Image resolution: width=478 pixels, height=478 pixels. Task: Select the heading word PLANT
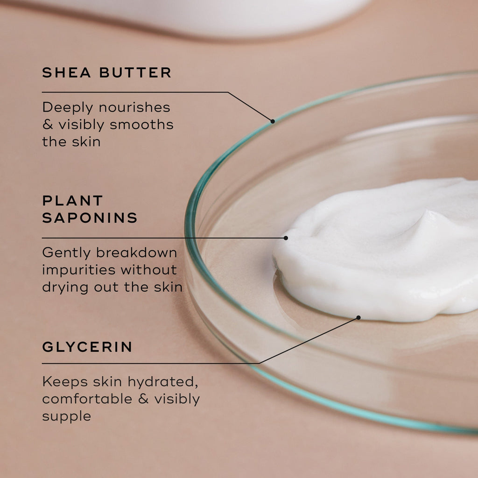pos(72,201)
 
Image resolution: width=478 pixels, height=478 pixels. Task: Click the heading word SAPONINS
pos(90,218)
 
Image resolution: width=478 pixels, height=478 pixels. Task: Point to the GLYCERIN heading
pos(87,347)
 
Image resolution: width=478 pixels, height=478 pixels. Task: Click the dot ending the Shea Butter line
pos(273,121)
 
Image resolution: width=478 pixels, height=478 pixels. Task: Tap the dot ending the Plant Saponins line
pos(286,238)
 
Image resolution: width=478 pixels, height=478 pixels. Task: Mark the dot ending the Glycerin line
pos(358,317)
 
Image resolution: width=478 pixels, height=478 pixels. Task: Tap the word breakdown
pos(137,253)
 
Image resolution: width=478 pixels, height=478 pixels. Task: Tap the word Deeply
pos(65,108)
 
